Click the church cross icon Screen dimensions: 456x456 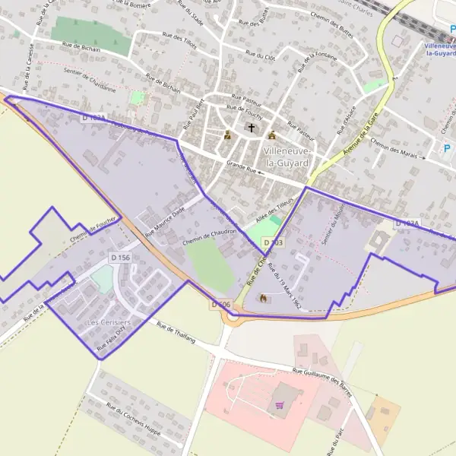point(251,129)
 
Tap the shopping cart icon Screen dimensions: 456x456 point(280,405)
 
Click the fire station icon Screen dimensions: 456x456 point(263,298)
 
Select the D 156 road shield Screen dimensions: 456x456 point(119,258)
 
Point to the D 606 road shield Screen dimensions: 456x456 point(220,304)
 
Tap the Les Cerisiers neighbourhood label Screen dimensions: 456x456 point(109,322)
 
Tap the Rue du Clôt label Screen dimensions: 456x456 point(260,53)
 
